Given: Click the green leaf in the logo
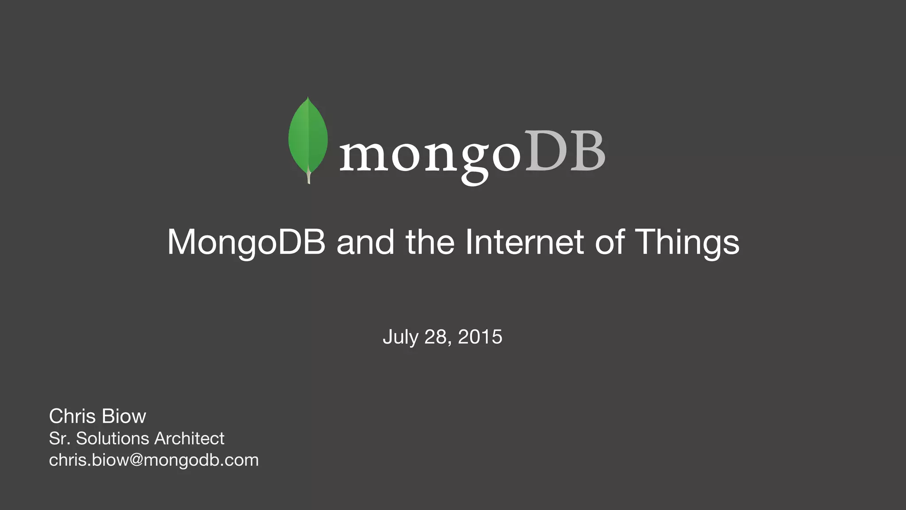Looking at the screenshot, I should click(x=308, y=135).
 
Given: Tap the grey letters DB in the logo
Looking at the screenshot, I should click(x=565, y=151).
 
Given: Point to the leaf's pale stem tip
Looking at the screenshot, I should click(x=308, y=178).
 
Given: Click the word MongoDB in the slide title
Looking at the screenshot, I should click(x=246, y=242).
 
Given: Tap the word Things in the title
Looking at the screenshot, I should click(x=687, y=242).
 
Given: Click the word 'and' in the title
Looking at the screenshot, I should click(x=365, y=242).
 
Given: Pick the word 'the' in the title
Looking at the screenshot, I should click(x=430, y=242).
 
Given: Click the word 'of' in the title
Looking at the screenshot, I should click(x=610, y=242).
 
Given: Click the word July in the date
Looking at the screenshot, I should click(x=400, y=337).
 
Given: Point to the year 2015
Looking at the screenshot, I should click(x=480, y=337).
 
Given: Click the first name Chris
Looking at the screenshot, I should click(x=73, y=416).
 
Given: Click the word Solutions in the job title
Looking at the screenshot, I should click(x=112, y=438).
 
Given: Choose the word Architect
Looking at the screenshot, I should click(x=189, y=438).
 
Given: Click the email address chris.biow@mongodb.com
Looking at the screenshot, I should click(x=154, y=460).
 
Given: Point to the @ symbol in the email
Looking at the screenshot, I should click(x=136, y=460).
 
